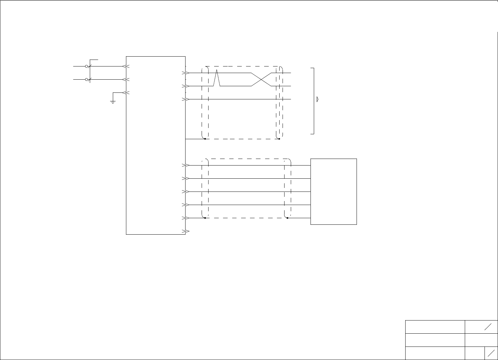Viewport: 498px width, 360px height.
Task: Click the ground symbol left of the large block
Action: [x=112, y=102]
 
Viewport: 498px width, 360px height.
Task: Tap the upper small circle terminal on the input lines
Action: [x=87, y=66]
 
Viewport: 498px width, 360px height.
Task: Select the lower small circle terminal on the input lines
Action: [x=87, y=79]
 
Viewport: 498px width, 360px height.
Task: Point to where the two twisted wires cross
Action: [x=261, y=79]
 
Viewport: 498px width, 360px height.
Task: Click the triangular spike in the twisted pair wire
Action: [x=217, y=78]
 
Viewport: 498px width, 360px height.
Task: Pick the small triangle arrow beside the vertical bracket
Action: [x=317, y=99]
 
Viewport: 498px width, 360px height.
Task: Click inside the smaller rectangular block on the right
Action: [x=334, y=192]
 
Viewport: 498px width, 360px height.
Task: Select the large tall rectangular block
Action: [x=156, y=145]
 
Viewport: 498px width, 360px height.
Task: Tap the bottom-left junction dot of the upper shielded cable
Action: [x=205, y=139]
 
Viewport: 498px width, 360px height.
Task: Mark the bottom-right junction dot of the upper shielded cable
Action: [x=279, y=139]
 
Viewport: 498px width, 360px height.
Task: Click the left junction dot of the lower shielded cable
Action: [x=205, y=218]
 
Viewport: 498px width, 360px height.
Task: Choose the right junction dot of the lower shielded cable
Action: [x=287, y=218]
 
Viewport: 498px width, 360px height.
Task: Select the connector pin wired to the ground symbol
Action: [x=125, y=92]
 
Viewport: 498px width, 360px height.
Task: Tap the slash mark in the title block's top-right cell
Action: [x=488, y=327]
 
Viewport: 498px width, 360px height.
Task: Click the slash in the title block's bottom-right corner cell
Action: [x=491, y=353]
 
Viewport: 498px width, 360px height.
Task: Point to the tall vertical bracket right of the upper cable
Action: [x=314, y=101]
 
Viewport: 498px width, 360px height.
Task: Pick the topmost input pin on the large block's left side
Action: [x=125, y=66]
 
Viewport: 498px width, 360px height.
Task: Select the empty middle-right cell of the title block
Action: [x=481, y=340]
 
